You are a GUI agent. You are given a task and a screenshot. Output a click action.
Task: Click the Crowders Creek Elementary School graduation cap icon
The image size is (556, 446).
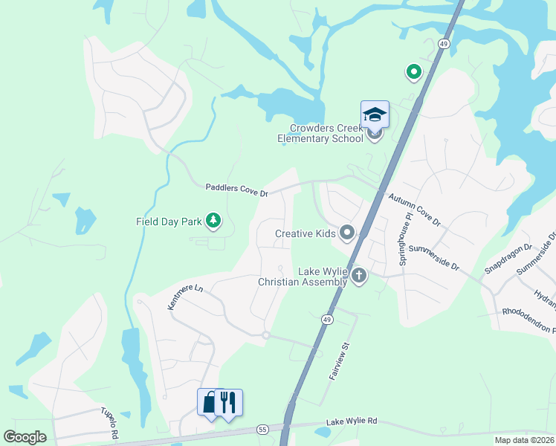(375, 115)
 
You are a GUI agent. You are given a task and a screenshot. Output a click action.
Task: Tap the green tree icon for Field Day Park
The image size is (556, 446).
(214, 220)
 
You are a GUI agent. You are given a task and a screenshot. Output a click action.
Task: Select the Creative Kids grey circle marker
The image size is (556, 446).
(347, 233)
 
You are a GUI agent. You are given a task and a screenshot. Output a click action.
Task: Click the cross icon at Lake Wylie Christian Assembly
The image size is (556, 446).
(359, 277)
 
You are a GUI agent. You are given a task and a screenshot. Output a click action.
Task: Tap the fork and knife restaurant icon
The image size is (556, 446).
(229, 402)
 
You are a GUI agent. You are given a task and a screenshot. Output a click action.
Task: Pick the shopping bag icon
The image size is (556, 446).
(210, 402)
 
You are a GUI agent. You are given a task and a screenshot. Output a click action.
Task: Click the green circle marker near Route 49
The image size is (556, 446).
(413, 72)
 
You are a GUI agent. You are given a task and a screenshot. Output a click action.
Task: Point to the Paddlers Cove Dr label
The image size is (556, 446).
(237, 190)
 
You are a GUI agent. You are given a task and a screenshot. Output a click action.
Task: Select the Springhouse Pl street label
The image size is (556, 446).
(406, 239)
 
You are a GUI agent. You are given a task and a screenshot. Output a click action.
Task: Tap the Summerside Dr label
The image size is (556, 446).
(435, 257)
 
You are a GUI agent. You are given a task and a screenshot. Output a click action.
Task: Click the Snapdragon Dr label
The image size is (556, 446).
(508, 257)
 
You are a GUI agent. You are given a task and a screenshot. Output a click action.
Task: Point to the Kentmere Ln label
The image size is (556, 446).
(185, 295)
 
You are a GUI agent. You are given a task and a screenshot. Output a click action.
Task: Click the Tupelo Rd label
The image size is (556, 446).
(110, 423)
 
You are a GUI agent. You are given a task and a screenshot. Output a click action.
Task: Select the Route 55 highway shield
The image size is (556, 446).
(262, 429)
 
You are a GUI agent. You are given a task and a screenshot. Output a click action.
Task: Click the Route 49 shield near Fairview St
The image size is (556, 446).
(326, 319)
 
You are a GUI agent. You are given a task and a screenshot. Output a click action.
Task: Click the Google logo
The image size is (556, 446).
(25, 436)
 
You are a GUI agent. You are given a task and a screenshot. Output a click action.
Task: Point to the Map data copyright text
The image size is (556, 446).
(514, 440)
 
